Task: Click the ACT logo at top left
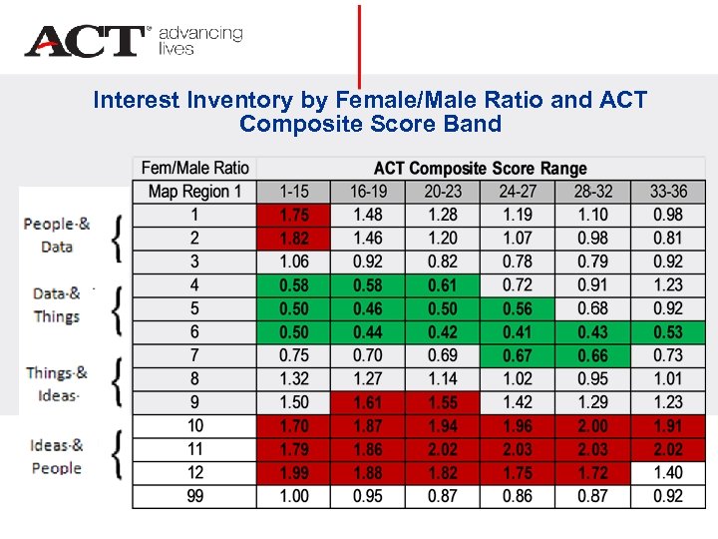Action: click(x=86, y=41)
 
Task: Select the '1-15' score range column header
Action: click(x=293, y=191)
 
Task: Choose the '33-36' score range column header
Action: click(x=667, y=191)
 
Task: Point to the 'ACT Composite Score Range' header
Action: click(x=480, y=168)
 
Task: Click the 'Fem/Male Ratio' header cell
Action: click(x=194, y=168)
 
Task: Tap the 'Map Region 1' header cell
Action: click(x=194, y=191)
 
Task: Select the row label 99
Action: click(x=194, y=496)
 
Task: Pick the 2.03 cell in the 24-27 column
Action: click(x=518, y=449)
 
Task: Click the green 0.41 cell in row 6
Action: click(x=518, y=332)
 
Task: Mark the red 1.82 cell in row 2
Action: click(x=293, y=239)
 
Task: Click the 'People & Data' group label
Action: click(x=57, y=235)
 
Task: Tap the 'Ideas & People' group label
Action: click(x=56, y=456)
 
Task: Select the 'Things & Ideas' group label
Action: click(x=56, y=383)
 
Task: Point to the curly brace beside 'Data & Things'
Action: click(x=118, y=308)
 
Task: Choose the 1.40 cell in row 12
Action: click(x=667, y=473)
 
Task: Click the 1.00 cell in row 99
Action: click(x=293, y=496)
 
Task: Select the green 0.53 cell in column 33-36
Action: click(x=667, y=332)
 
